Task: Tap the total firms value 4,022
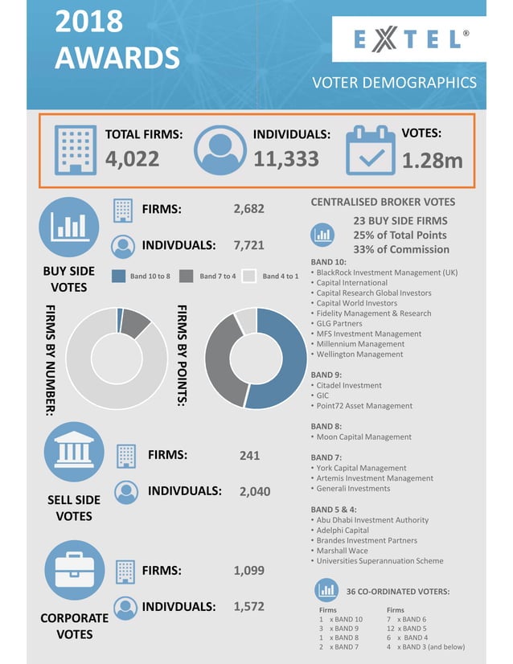[x=133, y=159]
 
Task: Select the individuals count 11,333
[x=286, y=159]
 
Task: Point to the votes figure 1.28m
[x=432, y=161]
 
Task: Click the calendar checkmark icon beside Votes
[x=370, y=151]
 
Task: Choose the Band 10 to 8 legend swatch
[x=118, y=276]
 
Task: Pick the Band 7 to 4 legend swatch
[x=186, y=276]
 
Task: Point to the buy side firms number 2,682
[x=248, y=209]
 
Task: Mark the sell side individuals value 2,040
[x=255, y=491]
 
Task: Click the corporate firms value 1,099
[x=248, y=571]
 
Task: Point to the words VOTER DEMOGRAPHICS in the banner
[x=394, y=82]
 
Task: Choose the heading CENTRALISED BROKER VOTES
[x=383, y=202]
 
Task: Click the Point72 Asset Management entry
[x=364, y=406]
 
